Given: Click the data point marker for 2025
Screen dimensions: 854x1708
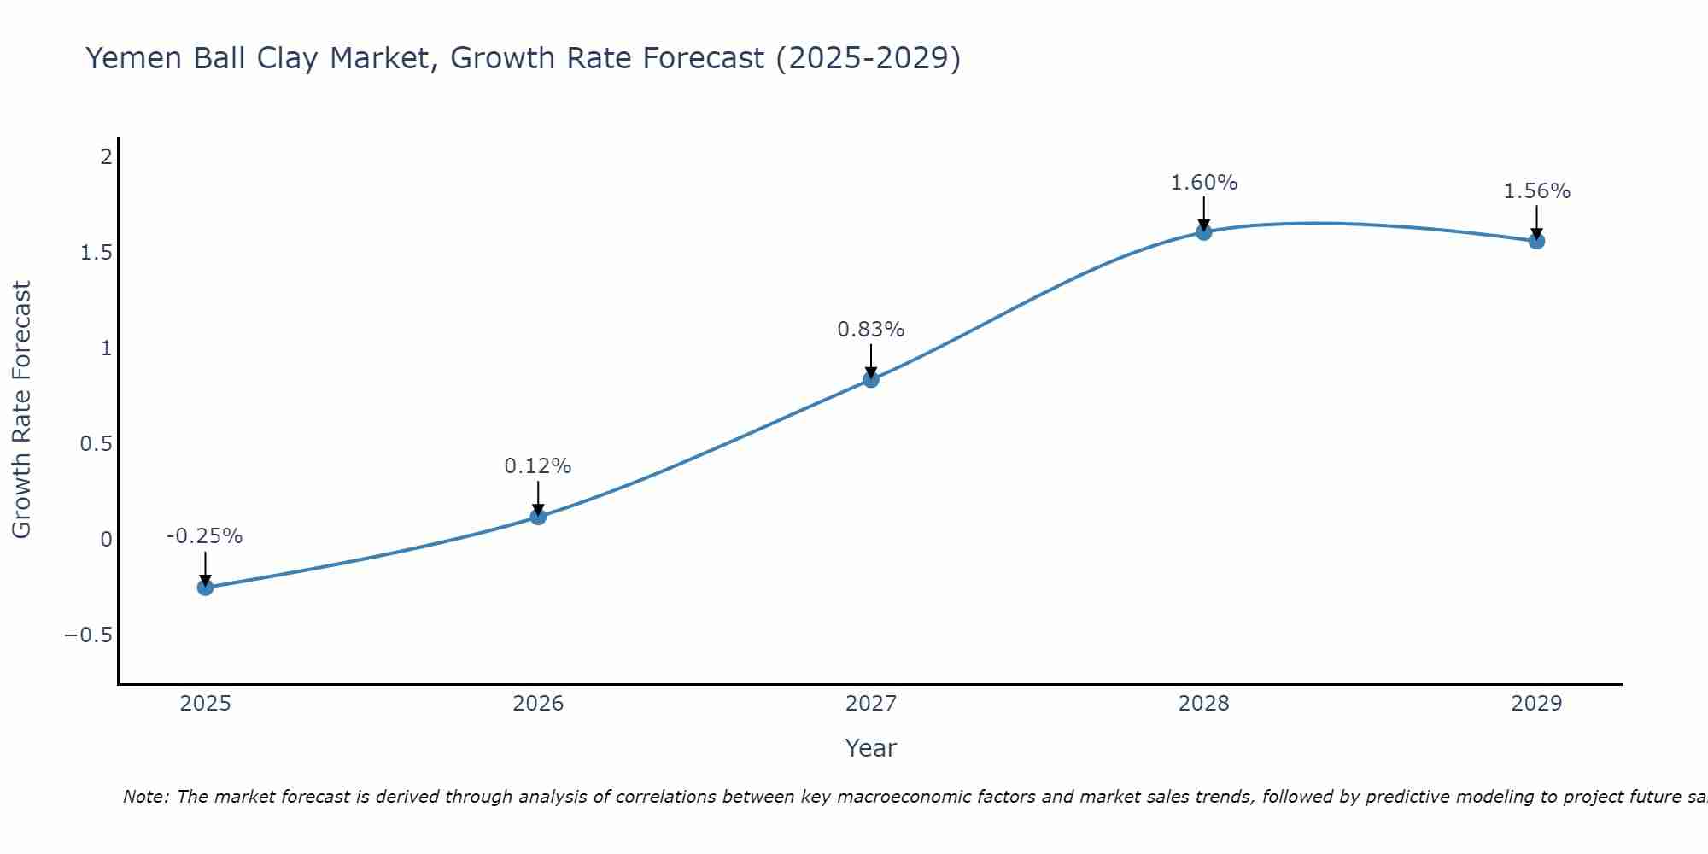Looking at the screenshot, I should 205,588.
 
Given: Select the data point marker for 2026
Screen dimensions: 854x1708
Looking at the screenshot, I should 538,517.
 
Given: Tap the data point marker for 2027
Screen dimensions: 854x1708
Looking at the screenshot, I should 871,380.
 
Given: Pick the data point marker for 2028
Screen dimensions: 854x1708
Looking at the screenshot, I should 1204,232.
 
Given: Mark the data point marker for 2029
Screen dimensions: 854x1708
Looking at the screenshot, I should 1536,241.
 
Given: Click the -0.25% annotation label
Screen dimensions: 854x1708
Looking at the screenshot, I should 204,536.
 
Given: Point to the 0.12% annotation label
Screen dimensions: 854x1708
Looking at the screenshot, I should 537,466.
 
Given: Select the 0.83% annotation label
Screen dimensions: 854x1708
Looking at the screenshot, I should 870,330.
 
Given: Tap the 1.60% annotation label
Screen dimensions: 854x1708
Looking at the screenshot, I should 1203,183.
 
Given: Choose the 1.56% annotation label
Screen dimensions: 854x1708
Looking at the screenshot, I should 1536,191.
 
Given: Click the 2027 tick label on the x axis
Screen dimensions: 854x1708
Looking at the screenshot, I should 871,704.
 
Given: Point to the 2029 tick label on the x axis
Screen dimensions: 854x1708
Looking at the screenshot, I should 1536,704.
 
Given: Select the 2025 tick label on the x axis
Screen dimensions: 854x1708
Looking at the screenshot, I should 205,704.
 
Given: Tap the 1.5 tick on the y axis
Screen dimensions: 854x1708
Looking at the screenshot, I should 97,253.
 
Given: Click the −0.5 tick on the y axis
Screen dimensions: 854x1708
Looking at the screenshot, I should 88,635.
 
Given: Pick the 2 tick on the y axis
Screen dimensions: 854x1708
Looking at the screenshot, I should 106,157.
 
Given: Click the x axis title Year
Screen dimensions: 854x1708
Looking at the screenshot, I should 870,749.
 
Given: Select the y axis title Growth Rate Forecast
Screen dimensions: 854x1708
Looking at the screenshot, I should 22,410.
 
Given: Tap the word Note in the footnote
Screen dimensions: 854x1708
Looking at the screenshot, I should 144,798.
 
